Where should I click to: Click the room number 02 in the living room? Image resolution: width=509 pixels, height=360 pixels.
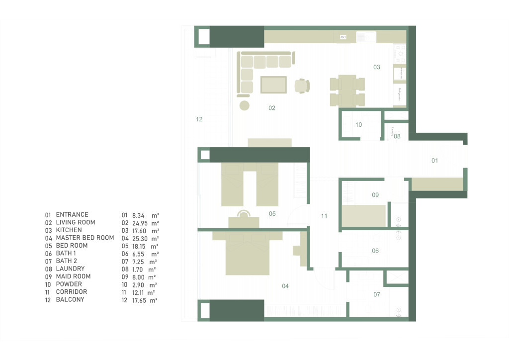pyautogui.click(x=272, y=108)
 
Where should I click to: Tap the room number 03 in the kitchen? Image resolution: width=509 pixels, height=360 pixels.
pyautogui.click(x=377, y=67)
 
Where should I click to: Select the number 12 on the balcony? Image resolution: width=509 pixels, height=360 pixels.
pyautogui.click(x=199, y=119)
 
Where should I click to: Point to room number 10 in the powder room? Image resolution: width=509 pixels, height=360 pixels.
pyautogui.click(x=359, y=125)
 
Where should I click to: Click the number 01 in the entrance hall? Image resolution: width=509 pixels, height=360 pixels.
pyautogui.click(x=434, y=161)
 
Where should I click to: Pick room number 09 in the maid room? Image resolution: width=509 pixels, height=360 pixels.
pyautogui.click(x=375, y=195)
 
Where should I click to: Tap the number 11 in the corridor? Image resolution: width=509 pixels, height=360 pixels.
pyautogui.click(x=324, y=216)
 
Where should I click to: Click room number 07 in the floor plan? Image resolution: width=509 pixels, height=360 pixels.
pyautogui.click(x=377, y=295)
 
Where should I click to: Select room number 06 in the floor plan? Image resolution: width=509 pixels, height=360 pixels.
pyautogui.click(x=375, y=251)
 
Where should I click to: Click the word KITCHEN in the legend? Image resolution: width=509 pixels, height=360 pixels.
pyautogui.click(x=69, y=230)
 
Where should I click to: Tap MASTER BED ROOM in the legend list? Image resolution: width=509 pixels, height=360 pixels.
pyautogui.click(x=85, y=238)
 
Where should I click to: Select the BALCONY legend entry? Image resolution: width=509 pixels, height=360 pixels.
pyautogui.click(x=70, y=300)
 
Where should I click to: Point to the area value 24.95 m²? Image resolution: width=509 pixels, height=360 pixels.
pyautogui.click(x=140, y=223)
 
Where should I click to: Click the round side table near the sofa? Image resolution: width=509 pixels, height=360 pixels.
pyautogui.click(x=244, y=105)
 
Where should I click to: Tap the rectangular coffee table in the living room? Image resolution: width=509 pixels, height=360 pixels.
pyautogui.click(x=273, y=85)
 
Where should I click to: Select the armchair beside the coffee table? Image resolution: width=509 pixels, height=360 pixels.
pyautogui.click(x=302, y=86)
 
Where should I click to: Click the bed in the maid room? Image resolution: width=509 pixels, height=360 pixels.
pyautogui.click(x=364, y=216)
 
